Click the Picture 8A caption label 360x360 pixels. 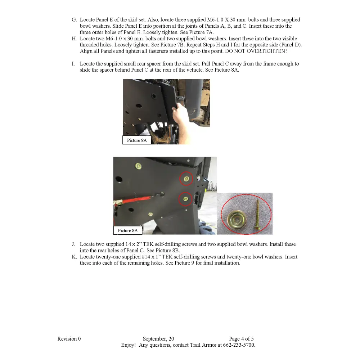[x=137, y=140]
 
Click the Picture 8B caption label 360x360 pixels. [x=127, y=230]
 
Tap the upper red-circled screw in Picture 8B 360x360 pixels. [x=186, y=179]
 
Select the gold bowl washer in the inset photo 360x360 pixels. [x=236, y=219]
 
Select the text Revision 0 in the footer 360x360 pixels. [x=69, y=339]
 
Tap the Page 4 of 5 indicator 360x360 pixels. [x=241, y=339]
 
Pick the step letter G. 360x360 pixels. [x=74, y=20]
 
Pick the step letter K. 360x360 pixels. [x=74, y=257]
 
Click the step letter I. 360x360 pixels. [x=73, y=64]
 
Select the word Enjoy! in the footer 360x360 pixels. [x=128, y=345]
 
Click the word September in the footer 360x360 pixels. [x=154, y=339]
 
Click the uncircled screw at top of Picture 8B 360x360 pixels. [x=138, y=166]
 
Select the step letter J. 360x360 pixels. [x=74, y=244]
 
